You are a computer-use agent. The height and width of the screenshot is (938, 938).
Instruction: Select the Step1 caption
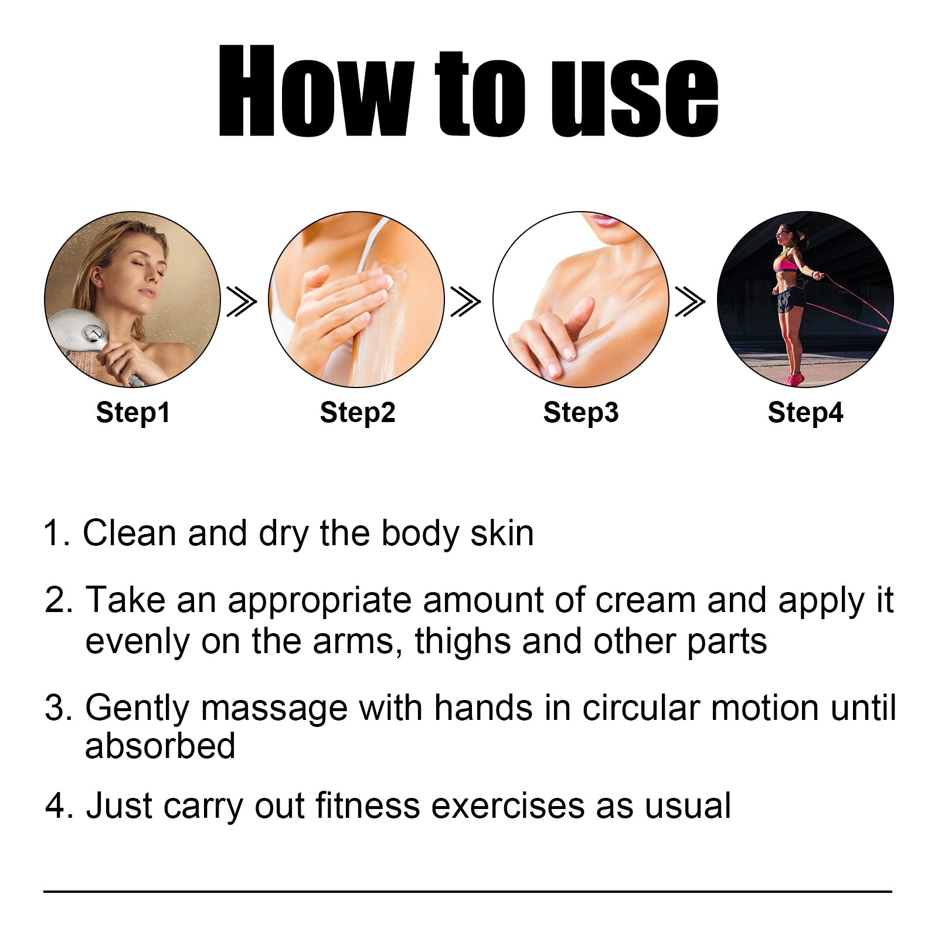pyautogui.click(x=133, y=412)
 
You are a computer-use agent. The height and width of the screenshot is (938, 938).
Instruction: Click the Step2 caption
pyautogui.click(x=358, y=412)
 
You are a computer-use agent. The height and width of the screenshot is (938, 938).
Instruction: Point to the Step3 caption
pyautogui.click(x=581, y=412)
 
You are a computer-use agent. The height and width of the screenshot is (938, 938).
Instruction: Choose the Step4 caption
pyautogui.click(x=806, y=412)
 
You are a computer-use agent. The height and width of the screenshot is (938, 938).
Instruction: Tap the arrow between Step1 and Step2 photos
pyautogui.click(x=242, y=301)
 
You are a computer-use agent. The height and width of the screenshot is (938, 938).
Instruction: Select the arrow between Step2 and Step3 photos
pyautogui.click(x=465, y=301)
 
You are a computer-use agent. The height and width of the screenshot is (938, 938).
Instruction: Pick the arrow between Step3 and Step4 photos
pyautogui.click(x=690, y=301)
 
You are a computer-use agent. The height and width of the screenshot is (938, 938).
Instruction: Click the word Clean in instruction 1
pyautogui.click(x=129, y=533)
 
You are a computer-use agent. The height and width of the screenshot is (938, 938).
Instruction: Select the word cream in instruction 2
pyautogui.click(x=645, y=600)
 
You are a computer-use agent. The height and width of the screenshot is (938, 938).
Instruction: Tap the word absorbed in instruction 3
pyautogui.click(x=160, y=746)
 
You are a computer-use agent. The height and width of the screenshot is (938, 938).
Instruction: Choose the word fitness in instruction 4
pyautogui.click(x=368, y=806)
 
